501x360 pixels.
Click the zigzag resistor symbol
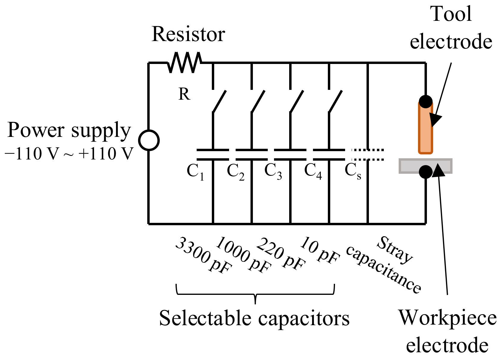pyautogui.click(x=184, y=62)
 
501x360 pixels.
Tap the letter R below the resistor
pyautogui.click(x=184, y=94)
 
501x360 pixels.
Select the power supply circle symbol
pyautogui.click(x=149, y=140)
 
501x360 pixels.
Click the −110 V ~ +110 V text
pyautogui.click(x=69, y=154)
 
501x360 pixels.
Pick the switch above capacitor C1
pyautogui.click(x=219, y=101)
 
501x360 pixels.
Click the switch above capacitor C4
pyautogui.click(x=335, y=101)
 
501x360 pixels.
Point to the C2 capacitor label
pyautogui.click(x=235, y=172)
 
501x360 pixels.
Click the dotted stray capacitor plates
pyautogui.click(x=368, y=155)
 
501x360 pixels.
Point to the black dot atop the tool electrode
pyautogui.click(x=426, y=101)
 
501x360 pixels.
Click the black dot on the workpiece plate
pyautogui.click(x=426, y=172)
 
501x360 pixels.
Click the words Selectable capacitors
pyautogui.click(x=254, y=318)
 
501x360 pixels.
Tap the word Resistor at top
pyautogui.click(x=188, y=34)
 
